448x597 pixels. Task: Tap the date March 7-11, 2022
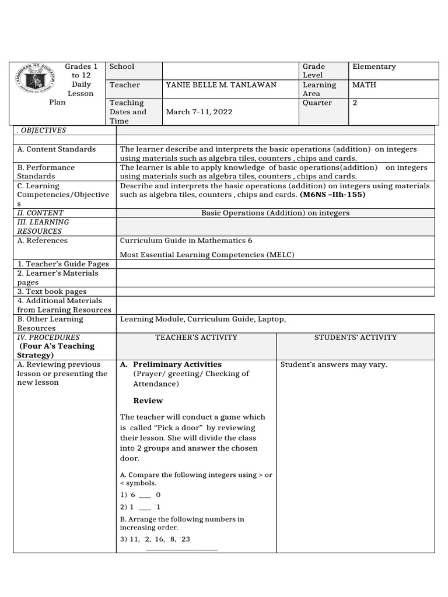pyautogui.click(x=197, y=112)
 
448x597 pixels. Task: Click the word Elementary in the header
pyautogui.click(x=374, y=67)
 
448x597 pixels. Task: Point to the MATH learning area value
pyautogui.click(x=364, y=85)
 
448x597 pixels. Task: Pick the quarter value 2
pyautogui.click(x=355, y=103)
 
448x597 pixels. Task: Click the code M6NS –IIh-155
pyautogui.click(x=332, y=195)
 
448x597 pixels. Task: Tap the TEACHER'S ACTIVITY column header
pyautogui.click(x=196, y=338)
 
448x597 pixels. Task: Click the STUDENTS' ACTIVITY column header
pyautogui.click(x=355, y=338)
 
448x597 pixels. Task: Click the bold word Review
pyautogui.click(x=148, y=401)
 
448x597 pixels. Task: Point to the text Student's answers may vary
pyautogui.click(x=334, y=365)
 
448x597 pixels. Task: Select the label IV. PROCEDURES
pyautogui.click(x=48, y=338)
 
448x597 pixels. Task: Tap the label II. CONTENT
pyautogui.click(x=40, y=213)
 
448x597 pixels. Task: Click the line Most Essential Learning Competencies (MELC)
pyautogui.click(x=207, y=255)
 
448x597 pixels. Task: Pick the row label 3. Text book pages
pyautogui.click(x=52, y=292)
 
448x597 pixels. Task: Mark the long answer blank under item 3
pyautogui.click(x=181, y=549)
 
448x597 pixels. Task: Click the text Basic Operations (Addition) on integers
pyautogui.click(x=275, y=213)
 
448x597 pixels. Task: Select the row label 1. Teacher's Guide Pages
pyautogui.click(x=63, y=264)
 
